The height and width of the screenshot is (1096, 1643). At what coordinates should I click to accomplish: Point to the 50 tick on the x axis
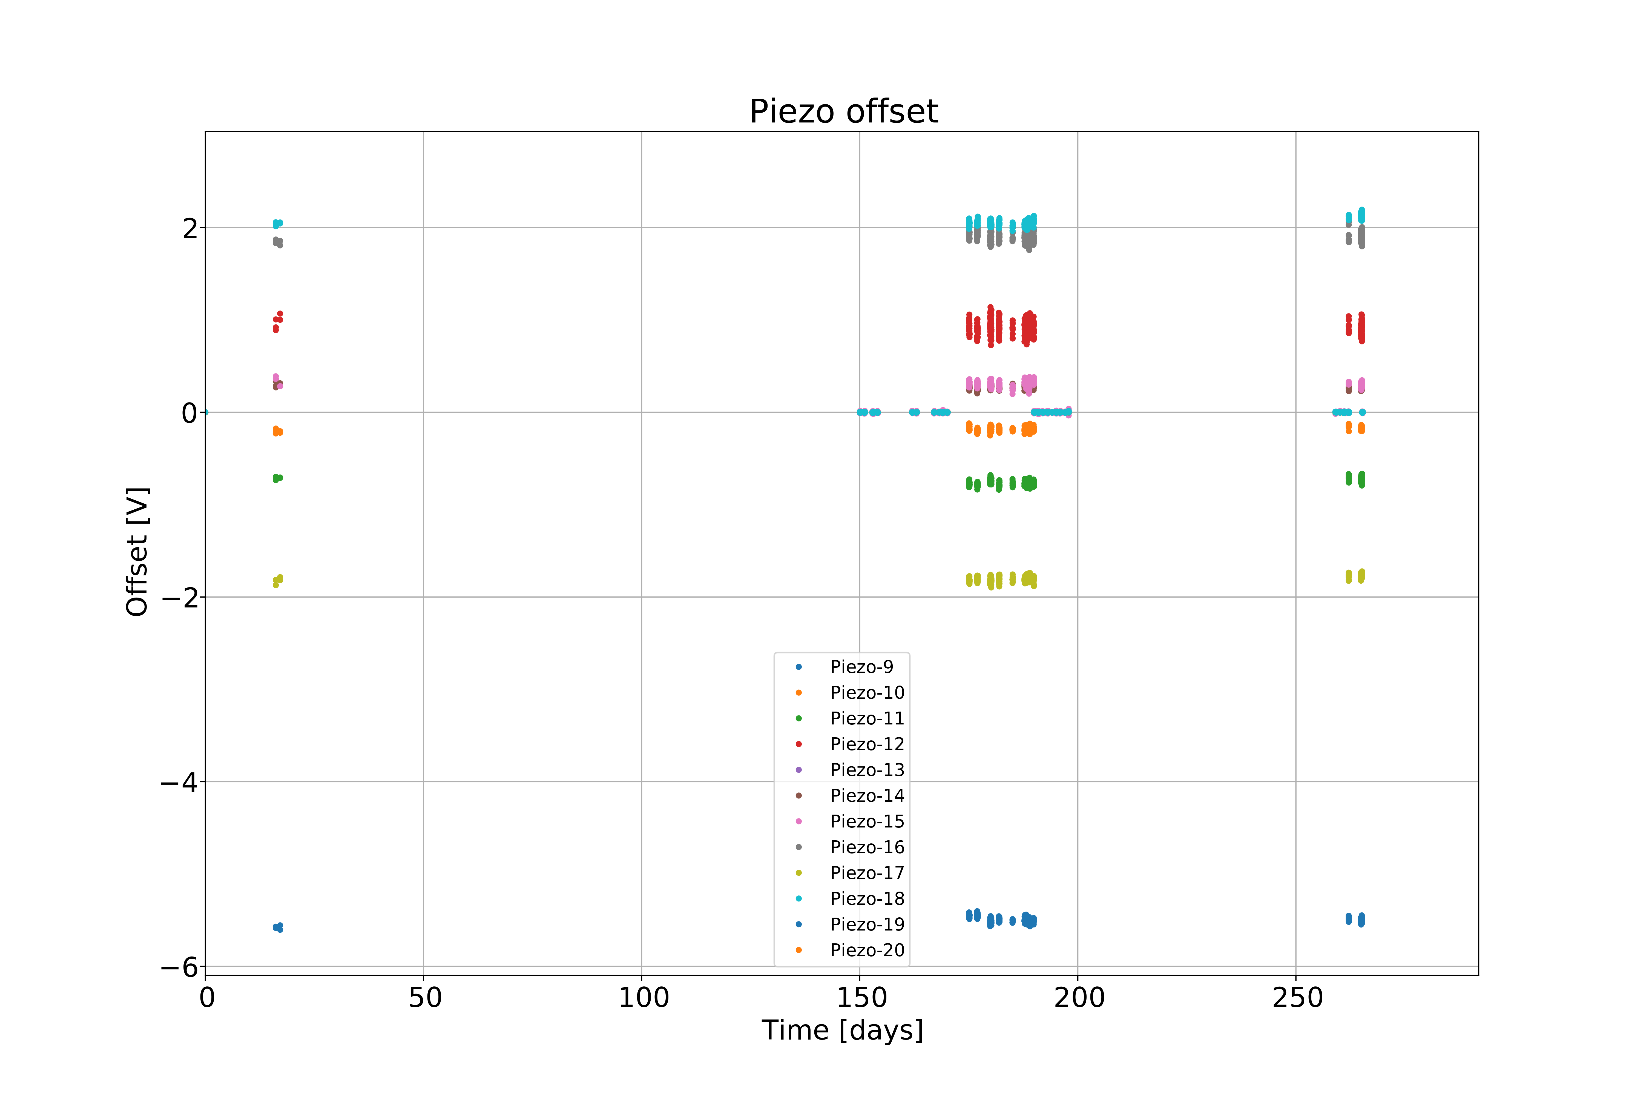click(x=425, y=997)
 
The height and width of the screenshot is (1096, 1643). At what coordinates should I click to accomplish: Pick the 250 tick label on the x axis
click(x=1297, y=997)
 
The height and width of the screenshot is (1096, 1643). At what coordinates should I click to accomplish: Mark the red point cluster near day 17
click(x=277, y=321)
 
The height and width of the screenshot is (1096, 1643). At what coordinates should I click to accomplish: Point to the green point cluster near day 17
click(x=277, y=478)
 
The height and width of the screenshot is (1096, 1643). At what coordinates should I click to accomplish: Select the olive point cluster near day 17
click(x=277, y=580)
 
